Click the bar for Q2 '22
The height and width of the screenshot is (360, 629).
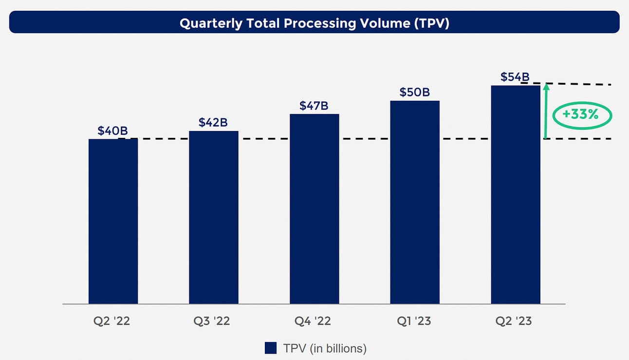113,221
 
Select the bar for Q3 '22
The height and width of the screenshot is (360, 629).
214,217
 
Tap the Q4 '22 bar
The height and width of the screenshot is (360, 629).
314,209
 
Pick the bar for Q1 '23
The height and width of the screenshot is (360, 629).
415,202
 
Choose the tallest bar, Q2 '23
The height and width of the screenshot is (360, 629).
516,195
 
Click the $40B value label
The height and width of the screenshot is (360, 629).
112,131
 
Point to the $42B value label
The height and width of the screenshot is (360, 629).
213,122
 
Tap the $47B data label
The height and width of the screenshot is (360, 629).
314,106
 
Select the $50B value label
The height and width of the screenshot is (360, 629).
415,92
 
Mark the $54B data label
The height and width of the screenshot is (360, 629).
515,77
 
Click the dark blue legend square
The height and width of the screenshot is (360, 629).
271,348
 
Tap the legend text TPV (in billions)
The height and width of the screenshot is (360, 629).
325,348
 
